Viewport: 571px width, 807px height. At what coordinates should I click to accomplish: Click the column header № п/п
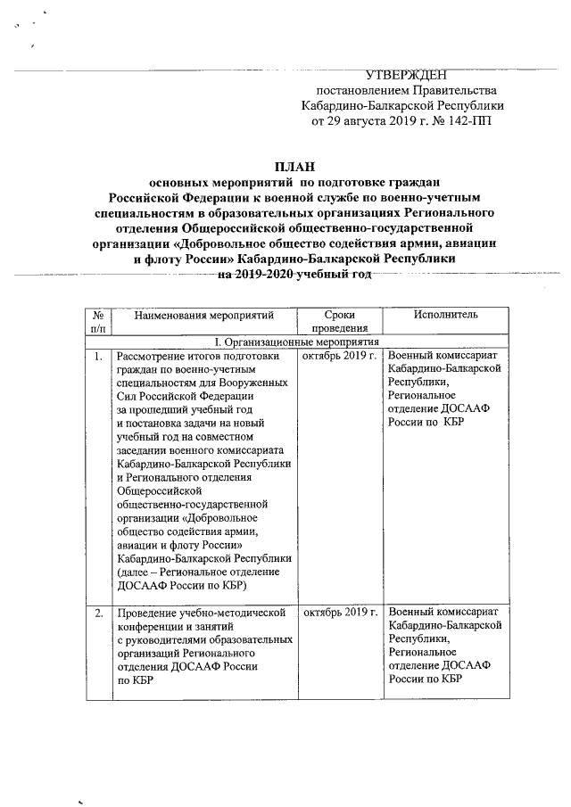(x=97, y=322)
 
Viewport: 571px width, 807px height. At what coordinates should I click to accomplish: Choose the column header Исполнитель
(x=446, y=315)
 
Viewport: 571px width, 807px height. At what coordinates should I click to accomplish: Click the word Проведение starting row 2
(x=147, y=613)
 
